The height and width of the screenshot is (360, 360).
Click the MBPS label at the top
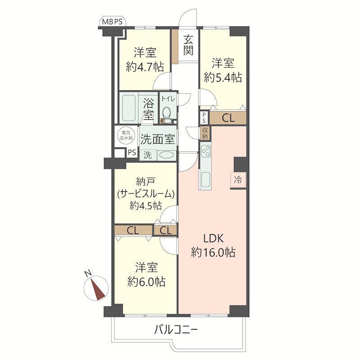click(112, 22)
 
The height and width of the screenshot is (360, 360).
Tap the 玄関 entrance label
click(188, 45)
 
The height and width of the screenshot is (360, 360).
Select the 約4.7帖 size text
click(145, 67)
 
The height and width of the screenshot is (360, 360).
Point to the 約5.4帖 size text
click(223, 77)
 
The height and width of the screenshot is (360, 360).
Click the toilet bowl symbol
click(166, 113)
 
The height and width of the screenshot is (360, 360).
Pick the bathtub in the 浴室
click(128, 108)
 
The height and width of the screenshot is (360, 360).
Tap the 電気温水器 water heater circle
click(126, 135)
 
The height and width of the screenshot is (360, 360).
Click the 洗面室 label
click(158, 139)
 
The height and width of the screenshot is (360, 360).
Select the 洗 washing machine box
click(148, 155)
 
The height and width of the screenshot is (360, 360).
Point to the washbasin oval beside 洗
click(166, 155)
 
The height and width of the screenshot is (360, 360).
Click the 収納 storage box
click(205, 133)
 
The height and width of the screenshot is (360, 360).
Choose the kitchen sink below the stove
click(206, 180)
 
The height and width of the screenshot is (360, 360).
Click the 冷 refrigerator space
click(238, 180)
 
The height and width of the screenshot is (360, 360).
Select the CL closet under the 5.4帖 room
click(228, 118)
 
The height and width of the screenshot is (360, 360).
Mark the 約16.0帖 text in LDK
click(213, 252)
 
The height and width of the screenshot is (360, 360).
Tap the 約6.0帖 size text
click(146, 282)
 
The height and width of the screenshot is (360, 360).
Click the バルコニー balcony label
click(176, 331)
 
